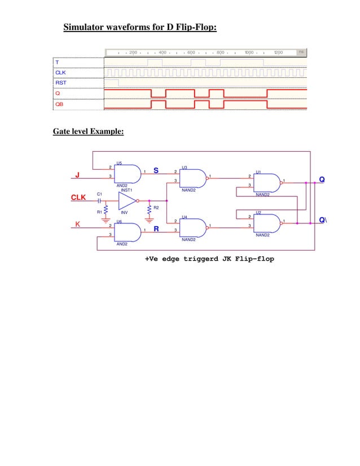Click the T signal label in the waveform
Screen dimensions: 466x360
tap(56, 62)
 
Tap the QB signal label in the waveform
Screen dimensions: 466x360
tap(59, 104)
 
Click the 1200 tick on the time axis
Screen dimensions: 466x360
tap(278, 52)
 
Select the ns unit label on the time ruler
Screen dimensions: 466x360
tap(302, 52)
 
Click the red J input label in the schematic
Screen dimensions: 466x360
tap(77, 175)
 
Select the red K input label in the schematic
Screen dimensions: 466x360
tap(78, 225)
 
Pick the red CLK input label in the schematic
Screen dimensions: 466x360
tap(78, 198)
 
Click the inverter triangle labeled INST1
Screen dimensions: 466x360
tap(127, 201)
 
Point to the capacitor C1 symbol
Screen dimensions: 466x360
tap(100, 201)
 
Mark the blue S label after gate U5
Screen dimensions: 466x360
tap(156, 170)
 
